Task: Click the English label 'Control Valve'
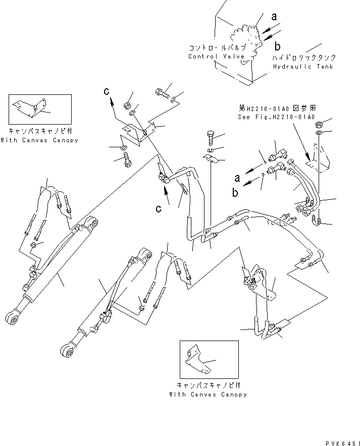pyautogui.click(x=216, y=57)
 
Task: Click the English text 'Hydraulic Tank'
pyautogui.click(x=303, y=67)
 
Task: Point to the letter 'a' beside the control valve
pyautogui.click(x=274, y=17)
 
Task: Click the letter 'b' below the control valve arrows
pyautogui.click(x=277, y=47)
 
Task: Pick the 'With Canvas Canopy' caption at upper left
pyautogui.click(x=39, y=140)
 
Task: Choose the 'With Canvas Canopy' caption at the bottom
pyautogui.click(x=208, y=394)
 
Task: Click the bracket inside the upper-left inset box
pyautogui.click(x=31, y=108)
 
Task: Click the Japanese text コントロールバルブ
pyautogui.click(x=216, y=48)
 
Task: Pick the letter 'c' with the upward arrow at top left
pyautogui.click(x=107, y=91)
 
